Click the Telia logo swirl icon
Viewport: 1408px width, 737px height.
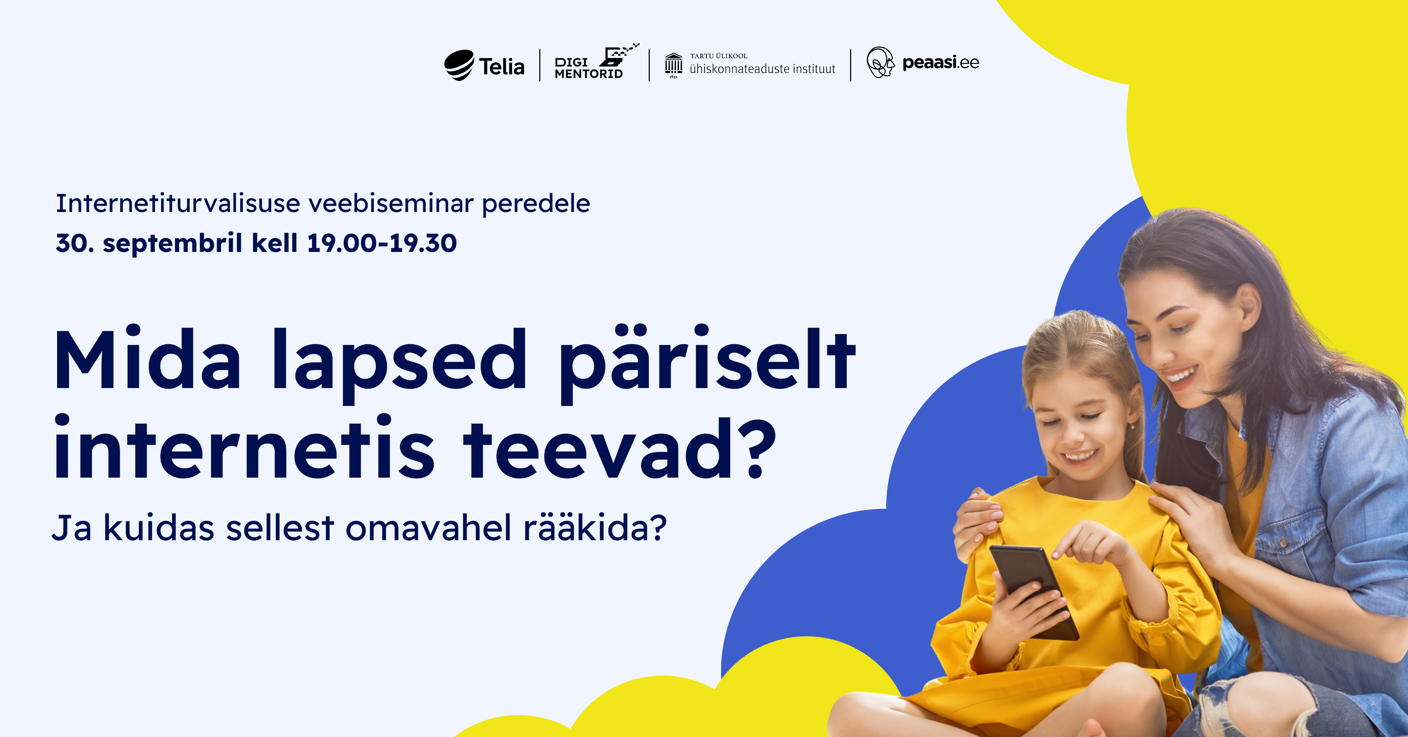point(459,65)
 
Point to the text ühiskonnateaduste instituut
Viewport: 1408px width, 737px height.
point(763,69)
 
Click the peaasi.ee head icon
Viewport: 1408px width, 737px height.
point(880,62)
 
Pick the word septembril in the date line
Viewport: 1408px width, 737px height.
point(172,244)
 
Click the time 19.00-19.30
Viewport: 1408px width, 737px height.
point(381,243)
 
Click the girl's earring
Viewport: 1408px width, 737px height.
point(1132,425)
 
